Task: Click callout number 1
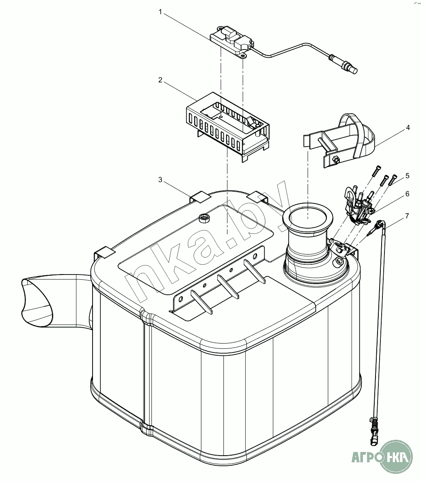[x=160, y=12]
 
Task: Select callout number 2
[x=160, y=80]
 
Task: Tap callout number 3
[x=160, y=179]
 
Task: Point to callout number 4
[x=408, y=128]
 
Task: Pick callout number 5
[x=408, y=176]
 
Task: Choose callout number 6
[x=408, y=194]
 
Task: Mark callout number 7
[x=407, y=216]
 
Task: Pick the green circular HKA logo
[x=395, y=457]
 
